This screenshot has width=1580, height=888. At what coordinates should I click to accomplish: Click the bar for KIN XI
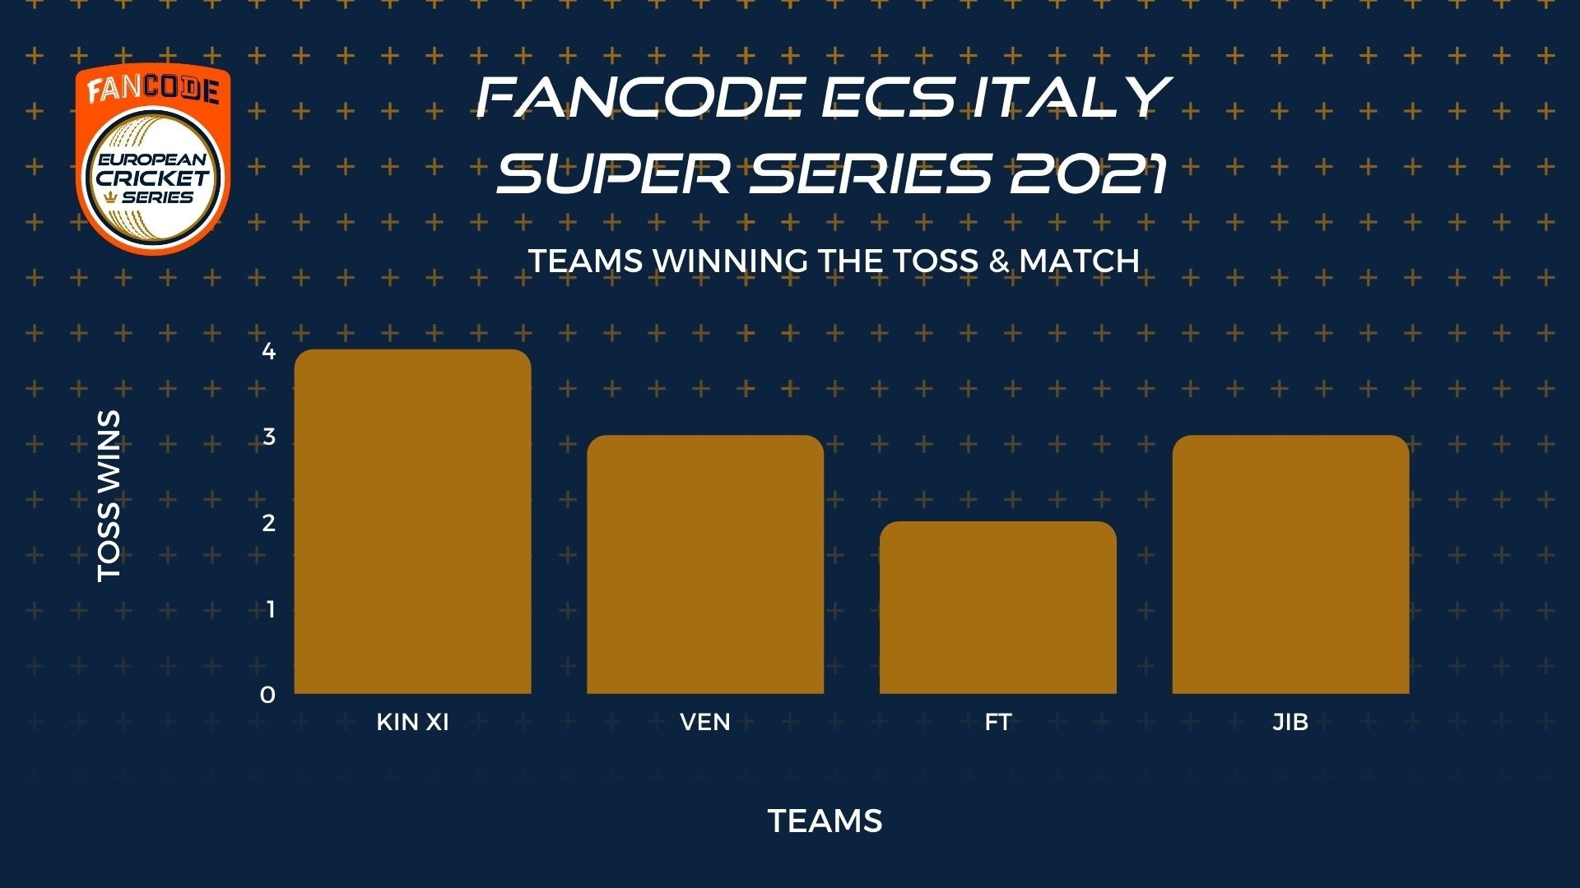tap(412, 521)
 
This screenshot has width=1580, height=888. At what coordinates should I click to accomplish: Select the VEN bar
tap(705, 564)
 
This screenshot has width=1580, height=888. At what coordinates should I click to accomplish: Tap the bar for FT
tap(998, 608)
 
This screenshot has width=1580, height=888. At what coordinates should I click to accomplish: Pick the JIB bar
tap(1290, 564)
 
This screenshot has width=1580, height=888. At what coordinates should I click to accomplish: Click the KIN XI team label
tap(412, 722)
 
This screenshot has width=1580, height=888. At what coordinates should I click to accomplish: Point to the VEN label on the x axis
tap(705, 722)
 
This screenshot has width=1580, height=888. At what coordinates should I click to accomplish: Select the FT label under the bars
tap(998, 722)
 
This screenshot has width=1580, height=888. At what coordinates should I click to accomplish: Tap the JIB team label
tap(1290, 722)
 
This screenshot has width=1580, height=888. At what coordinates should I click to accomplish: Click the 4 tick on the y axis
tap(268, 351)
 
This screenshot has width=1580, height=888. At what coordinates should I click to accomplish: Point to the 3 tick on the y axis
tap(268, 437)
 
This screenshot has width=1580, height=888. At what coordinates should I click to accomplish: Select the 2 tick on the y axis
tap(268, 523)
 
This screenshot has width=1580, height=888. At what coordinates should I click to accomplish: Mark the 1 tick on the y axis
tap(270, 609)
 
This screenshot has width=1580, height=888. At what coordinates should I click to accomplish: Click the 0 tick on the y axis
tap(267, 695)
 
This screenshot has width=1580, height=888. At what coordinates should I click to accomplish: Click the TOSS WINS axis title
tap(109, 497)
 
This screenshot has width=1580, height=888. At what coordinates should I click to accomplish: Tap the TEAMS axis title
tap(825, 821)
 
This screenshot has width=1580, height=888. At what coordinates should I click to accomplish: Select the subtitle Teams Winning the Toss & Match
tap(834, 261)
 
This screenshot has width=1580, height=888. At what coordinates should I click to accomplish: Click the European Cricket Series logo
tap(153, 159)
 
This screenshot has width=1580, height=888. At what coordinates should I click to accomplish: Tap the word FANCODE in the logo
tap(153, 90)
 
